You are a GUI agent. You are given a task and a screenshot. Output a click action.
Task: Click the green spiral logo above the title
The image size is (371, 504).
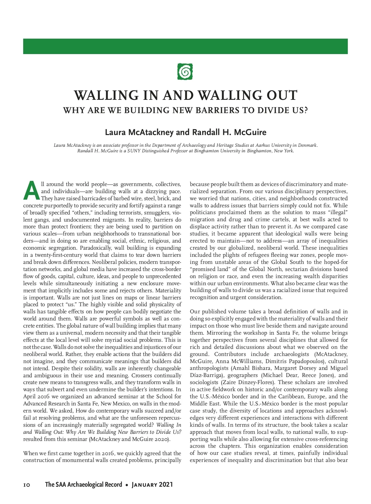tap(185, 71)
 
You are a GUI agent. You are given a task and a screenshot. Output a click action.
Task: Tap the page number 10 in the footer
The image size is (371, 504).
tap(27, 485)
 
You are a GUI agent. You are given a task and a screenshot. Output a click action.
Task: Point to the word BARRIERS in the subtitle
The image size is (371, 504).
tap(219, 110)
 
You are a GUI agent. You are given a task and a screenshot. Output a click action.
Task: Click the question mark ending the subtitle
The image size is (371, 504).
tap(306, 110)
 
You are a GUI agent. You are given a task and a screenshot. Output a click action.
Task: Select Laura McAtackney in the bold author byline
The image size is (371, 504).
tap(139, 133)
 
